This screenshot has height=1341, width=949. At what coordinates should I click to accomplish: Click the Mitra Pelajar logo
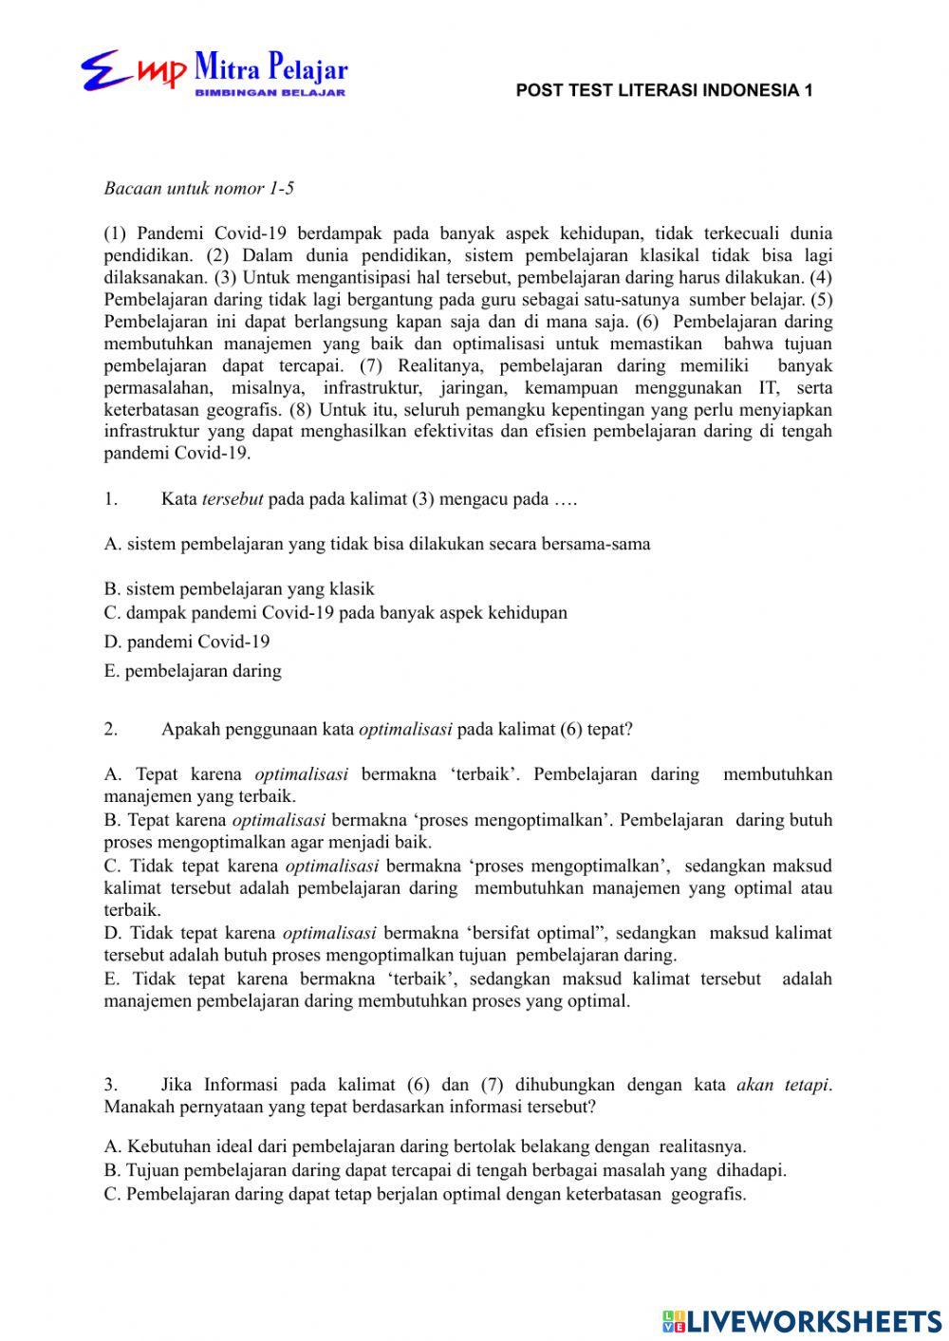[214, 72]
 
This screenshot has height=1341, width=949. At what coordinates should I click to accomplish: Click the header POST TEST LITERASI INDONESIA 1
[664, 91]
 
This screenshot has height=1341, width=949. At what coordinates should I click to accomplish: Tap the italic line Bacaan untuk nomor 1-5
[198, 188]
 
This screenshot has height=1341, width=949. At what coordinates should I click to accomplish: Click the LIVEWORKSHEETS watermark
[802, 1320]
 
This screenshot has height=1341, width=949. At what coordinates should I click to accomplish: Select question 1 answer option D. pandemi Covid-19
[187, 642]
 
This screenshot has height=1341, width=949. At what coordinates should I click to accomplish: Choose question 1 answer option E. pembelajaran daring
[193, 671]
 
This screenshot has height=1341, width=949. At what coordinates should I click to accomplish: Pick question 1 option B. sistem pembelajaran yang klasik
[239, 588]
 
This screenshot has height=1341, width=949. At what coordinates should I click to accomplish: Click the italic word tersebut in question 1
[233, 499]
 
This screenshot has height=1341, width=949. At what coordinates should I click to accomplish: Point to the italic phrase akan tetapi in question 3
[783, 1085]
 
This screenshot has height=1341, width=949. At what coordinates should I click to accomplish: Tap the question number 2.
[111, 730]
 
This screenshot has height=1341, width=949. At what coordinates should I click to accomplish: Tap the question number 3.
[111, 1085]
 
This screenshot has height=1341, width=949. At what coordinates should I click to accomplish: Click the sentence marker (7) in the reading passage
[372, 365]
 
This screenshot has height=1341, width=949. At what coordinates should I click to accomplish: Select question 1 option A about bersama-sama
[377, 544]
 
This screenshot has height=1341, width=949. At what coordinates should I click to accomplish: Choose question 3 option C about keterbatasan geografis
[424, 1194]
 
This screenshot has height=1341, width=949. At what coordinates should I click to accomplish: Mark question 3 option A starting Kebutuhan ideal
[424, 1145]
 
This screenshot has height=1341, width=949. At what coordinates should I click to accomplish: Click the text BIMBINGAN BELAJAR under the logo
[270, 93]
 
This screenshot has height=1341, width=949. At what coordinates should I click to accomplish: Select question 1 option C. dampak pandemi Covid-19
[335, 613]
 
